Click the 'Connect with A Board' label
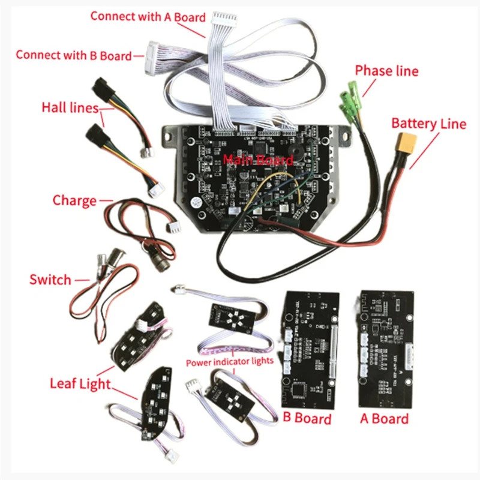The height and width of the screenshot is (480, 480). click(148, 17)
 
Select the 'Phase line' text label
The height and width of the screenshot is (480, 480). click(386, 71)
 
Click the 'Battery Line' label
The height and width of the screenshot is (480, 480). click(428, 124)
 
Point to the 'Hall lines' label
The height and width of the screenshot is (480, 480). click(70, 109)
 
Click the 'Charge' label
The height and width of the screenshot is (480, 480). click(74, 200)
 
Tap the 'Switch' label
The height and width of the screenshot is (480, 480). click(50, 280)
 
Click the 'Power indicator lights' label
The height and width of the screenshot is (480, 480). click(229, 362)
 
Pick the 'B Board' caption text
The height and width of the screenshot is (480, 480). click(306, 418)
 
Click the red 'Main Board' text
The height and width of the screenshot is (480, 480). click(257, 160)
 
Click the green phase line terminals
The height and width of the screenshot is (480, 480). click(350, 98)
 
